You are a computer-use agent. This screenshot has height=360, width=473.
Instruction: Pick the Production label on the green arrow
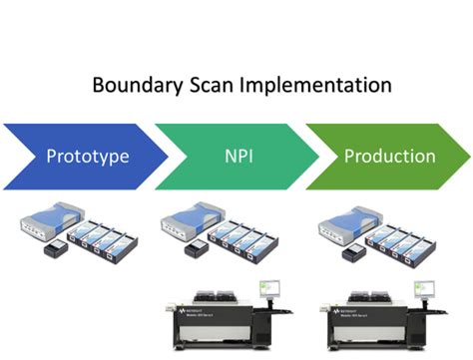pos(388,157)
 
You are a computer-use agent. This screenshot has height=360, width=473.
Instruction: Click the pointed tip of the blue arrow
pos(167,157)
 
